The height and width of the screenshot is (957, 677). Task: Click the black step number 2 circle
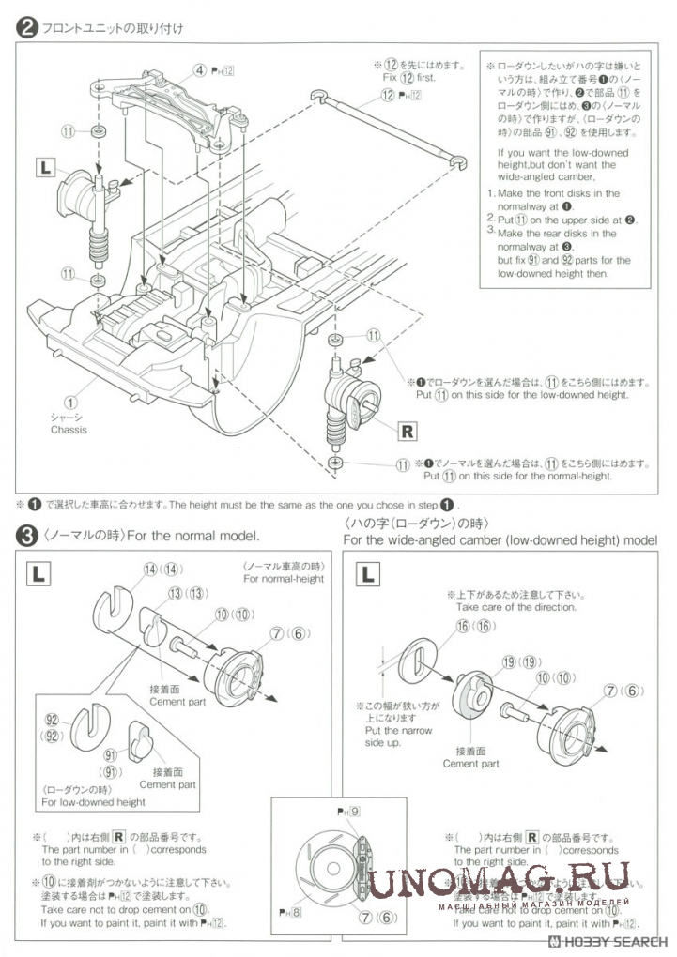click(x=28, y=28)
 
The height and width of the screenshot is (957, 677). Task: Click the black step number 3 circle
click(x=28, y=536)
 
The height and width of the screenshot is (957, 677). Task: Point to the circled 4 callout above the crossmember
click(x=200, y=69)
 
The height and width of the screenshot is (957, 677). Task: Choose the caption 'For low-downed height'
click(x=94, y=802)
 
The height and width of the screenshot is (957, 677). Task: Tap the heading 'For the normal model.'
click(x=192, y=536)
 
